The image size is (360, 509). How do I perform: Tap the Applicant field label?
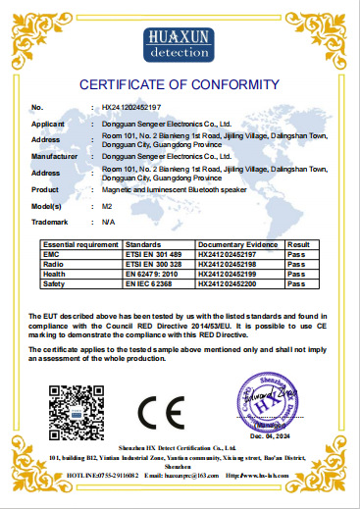click(x=49, y=126)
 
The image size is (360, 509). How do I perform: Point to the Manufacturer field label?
click(x=54, y=155)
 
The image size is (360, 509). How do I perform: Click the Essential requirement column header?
click(x=76, y=243)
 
